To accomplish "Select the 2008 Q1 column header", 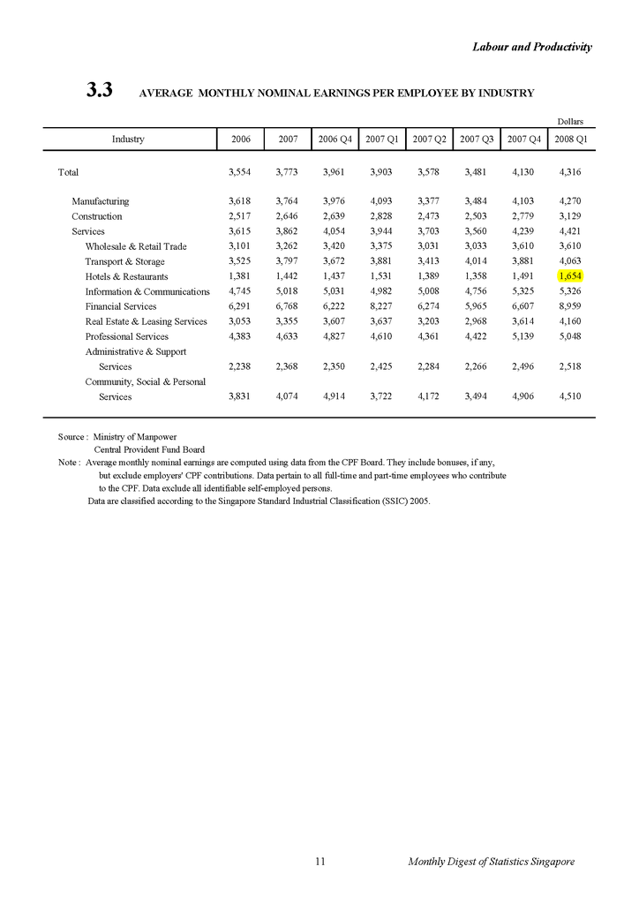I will click(x=569, y=139).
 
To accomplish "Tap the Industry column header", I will click(x=128, y=139).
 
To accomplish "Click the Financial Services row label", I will click(x=121, y=306).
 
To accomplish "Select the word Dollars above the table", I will click(x=570, y=121).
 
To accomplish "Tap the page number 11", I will click(x=320, y=861).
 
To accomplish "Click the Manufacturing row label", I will click(x=101, y=201).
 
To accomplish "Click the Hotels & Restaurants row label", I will click(x=126, y=276).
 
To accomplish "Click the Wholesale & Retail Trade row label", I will click(x=136, y=246).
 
